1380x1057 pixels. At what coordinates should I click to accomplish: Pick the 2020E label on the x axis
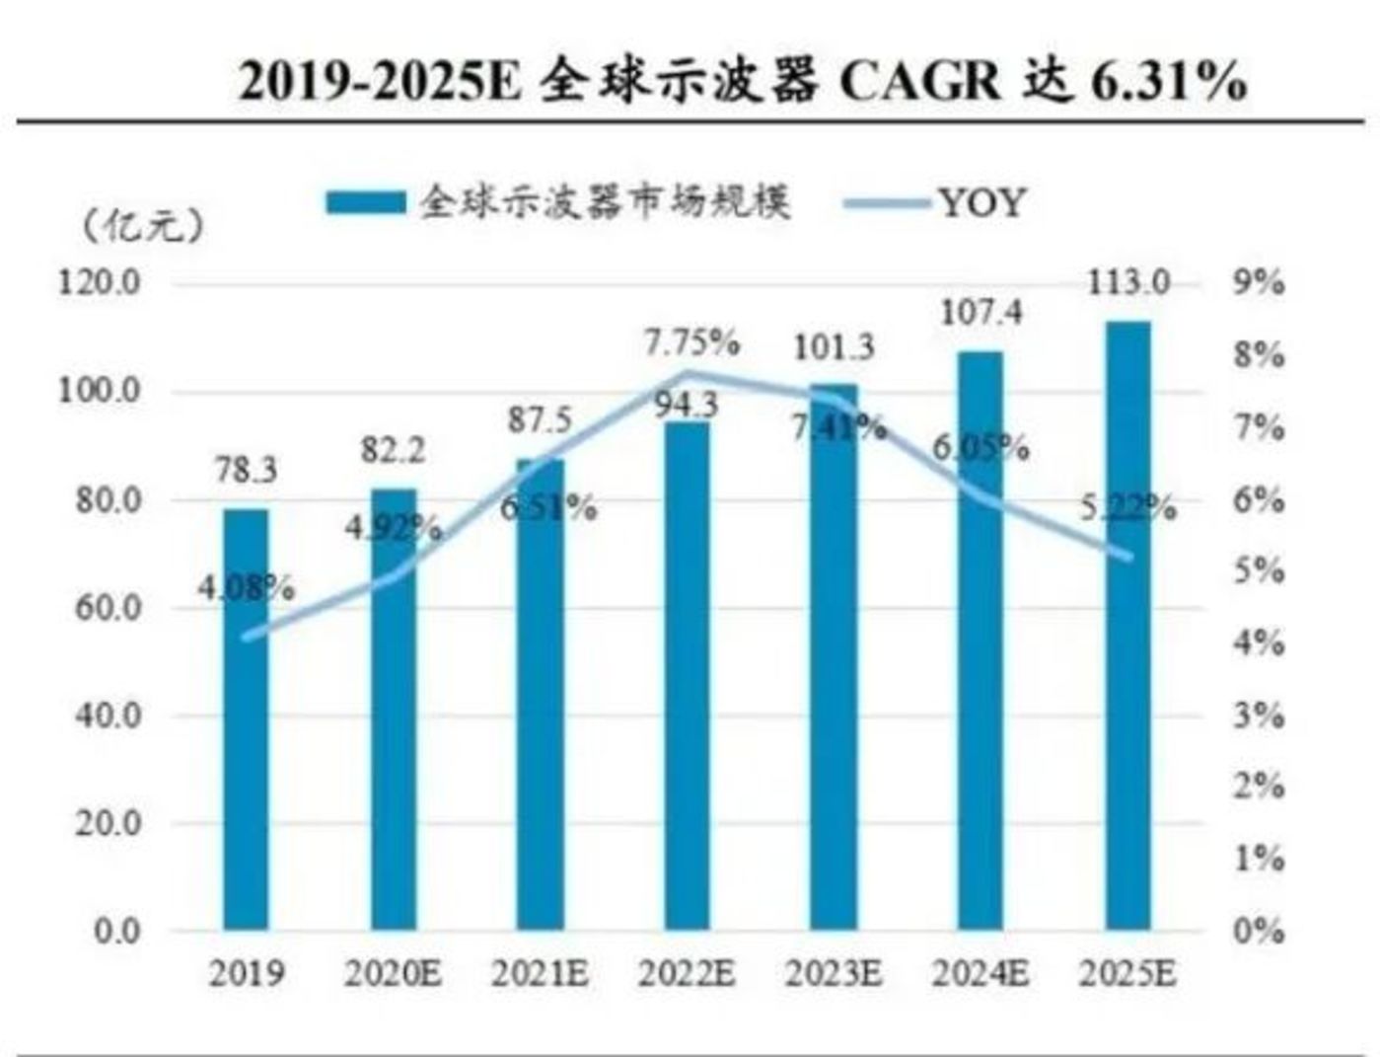click(393, 974)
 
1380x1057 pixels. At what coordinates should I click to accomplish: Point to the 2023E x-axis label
click(834, 974)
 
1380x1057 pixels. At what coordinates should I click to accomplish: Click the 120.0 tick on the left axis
click(100, 283)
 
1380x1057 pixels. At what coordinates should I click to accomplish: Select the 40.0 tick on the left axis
click(108, 715)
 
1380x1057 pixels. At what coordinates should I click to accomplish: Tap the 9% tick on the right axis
click(1259, 283)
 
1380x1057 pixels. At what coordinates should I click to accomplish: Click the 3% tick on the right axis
click(1259, 715)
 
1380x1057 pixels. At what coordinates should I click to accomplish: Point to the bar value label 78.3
click(246, 471)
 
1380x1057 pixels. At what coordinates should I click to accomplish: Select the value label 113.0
click(1127, 283)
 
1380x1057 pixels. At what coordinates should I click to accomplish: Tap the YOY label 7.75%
click(691, 343)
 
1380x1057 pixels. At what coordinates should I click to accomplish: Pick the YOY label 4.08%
click(246, 589)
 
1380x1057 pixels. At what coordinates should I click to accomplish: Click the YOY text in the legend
click(981, 203)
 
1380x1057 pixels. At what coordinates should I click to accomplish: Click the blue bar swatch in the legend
click(366, 203)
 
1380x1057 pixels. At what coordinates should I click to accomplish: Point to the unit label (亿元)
click(144, 226)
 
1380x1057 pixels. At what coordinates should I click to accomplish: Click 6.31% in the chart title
click(1168, 81)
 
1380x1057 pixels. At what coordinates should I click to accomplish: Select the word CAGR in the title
click(919, 81)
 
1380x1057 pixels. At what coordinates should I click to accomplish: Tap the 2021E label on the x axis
click(540, 974)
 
